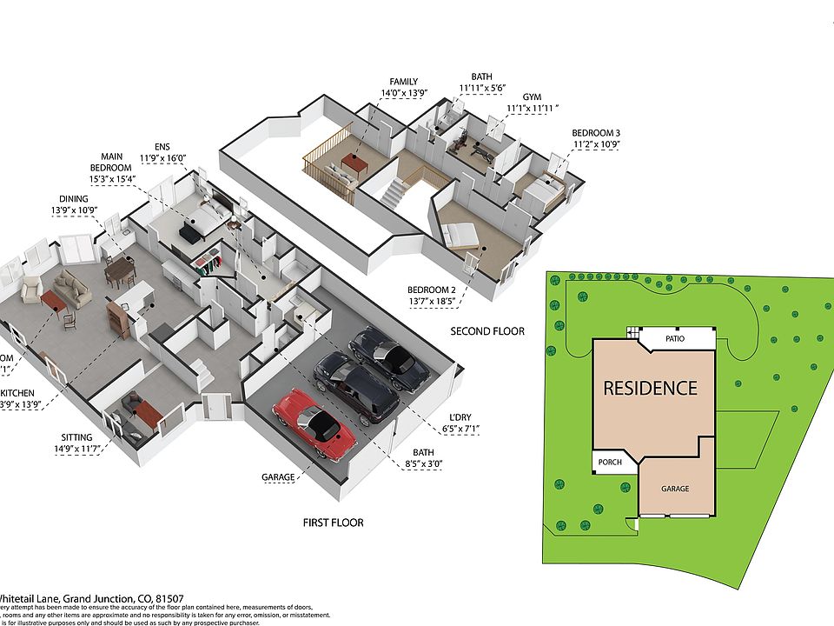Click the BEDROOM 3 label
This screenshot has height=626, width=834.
pos(596,133)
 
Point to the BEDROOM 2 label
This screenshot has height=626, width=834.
pos(431,290)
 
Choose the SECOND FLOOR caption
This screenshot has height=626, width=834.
pos(487,331)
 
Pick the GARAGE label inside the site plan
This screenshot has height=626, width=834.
pos(675,489)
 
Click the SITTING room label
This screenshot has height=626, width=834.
pos(76,437)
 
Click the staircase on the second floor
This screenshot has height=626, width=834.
pos(394,192)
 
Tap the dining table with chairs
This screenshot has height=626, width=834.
pos(121,273)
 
